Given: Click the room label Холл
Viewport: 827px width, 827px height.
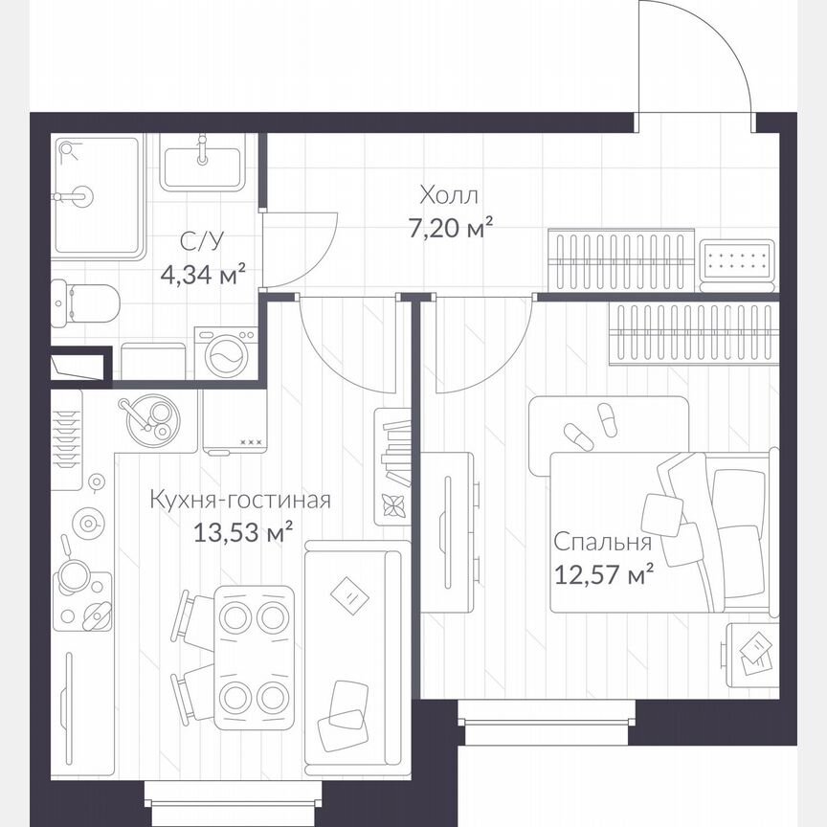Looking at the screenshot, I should (x=448, y=196).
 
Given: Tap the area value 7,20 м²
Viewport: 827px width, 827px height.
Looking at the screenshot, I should (x=448, y=229).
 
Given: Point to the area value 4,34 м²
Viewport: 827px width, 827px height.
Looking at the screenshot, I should (x=202, y=275).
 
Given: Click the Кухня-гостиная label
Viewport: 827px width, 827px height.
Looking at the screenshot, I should (x=240, y=501).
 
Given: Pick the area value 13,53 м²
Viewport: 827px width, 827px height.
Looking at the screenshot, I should (x=242, y=533).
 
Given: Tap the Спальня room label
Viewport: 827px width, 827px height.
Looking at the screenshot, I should (x=602, y=543).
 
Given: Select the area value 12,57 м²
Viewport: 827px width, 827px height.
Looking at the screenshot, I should (x=603, y=574).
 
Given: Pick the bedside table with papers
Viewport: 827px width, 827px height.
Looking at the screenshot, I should (x=752, y=654).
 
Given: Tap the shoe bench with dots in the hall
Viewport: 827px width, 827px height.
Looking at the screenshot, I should (x=737, y=259).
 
